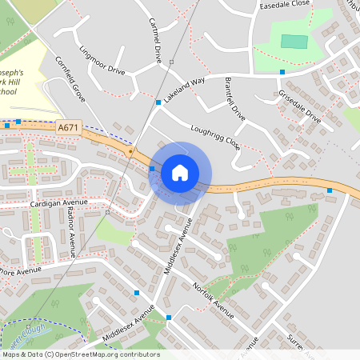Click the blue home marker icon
point(180,172)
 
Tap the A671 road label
point(68,127)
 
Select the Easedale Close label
point(284,4)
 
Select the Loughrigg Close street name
point(215,138)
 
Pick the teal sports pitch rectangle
point(294,41)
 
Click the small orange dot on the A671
point(130,150)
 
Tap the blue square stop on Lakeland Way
point(158,102)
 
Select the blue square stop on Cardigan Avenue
point(107,213)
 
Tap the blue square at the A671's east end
point(330,190)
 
